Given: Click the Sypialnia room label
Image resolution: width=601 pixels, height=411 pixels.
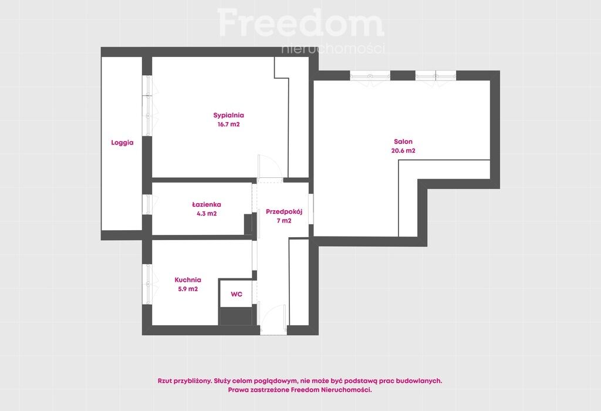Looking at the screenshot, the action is tap(228, 115).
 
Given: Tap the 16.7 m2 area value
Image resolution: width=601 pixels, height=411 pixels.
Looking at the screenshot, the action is tap(228, 124).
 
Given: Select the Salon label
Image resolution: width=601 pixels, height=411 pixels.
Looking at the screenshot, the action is tap(403, 142).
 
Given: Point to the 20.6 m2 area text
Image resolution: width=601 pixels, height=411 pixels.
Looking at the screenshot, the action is tap(403, 151).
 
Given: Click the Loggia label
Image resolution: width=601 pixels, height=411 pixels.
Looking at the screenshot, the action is tap(122, 143).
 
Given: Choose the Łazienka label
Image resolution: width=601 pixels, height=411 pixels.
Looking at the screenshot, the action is tap(207, 204).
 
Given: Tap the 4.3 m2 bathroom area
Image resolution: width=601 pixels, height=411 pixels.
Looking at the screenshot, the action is tap(207, 214).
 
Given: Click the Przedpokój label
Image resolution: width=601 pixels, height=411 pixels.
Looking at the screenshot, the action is tap(284, 211).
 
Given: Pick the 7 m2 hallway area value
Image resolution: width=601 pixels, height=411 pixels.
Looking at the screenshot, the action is tap(284, 221).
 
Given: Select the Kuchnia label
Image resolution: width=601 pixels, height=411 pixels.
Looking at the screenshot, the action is tap(188, 280).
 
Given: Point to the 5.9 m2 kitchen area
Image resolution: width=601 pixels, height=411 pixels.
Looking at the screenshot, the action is tap(188, 289).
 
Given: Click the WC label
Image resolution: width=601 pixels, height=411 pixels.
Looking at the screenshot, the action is tap(237, 294).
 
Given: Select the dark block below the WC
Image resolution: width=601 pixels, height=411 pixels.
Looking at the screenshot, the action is tap(236, 316).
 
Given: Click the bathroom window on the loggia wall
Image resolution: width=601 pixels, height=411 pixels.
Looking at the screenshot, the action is tap(147, 204).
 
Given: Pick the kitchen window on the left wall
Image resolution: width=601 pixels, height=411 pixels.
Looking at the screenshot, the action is tap(147, 284).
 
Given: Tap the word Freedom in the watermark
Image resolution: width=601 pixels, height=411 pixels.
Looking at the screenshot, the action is tap(301, 22).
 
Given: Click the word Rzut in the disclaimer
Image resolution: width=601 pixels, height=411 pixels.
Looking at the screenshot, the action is tap(164, 380).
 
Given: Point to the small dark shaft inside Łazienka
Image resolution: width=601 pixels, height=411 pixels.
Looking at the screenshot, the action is tap(248, 224).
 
